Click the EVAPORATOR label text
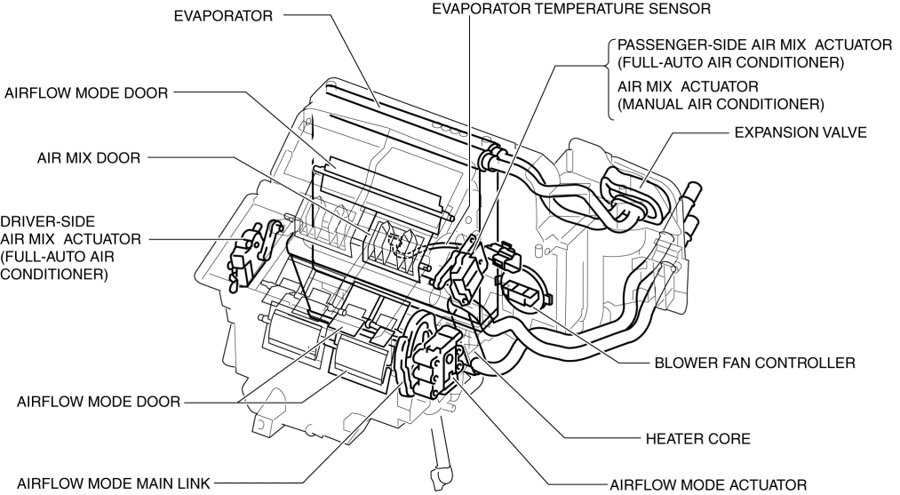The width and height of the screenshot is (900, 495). click(x=225, y=16)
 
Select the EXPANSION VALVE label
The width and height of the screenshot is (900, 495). click(x=799, y=132)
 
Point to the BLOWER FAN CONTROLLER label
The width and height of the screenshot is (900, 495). click(x=753, y=363)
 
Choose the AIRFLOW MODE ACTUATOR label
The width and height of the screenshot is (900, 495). click(x=708, y=484)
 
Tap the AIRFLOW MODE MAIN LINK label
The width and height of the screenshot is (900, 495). click(x=107, y=484)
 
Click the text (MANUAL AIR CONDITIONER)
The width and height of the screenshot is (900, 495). click(x=721, y=105)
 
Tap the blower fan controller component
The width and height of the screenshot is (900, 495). click(x=520, y=293)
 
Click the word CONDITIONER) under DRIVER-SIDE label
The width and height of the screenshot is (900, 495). click(x=55, y=275)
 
